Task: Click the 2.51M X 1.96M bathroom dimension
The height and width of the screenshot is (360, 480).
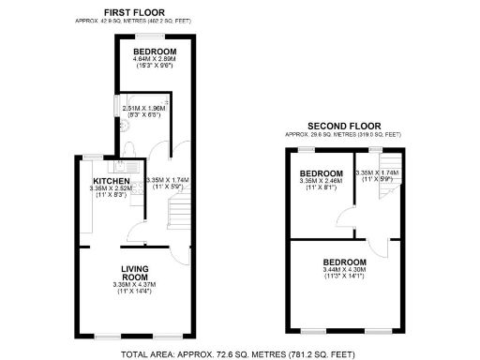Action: tap(143, 108)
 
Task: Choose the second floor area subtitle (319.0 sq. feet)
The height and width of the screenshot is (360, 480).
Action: tap(342, 135)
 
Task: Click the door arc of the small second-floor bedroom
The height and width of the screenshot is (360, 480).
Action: tap(343, 221)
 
